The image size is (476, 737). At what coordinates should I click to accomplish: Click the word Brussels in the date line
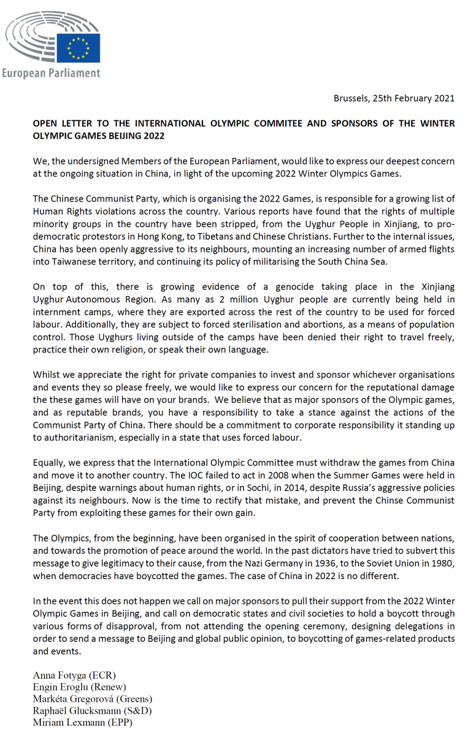pyautogui.click(x=352, y=98)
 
